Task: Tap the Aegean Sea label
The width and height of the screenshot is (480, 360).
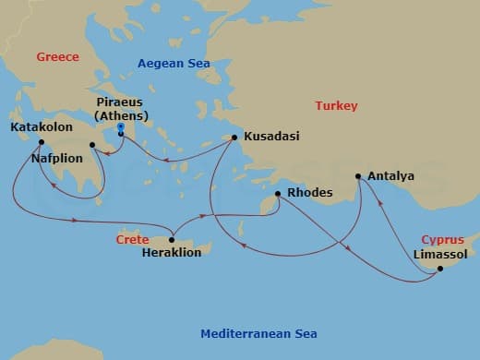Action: pos(174,63)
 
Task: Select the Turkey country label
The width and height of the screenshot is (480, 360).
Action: pos(336,105)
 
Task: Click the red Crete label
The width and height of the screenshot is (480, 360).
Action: pos(132,239)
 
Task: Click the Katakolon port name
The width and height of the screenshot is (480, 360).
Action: pos(42,126)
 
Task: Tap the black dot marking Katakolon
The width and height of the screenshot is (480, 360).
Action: pos(42,142)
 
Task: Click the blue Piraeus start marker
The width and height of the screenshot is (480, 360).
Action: pos(121,133)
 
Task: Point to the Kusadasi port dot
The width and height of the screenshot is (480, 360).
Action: pos(234,138)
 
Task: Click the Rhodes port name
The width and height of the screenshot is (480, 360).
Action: pos(309,194)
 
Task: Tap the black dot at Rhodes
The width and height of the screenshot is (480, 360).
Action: pos(278,195)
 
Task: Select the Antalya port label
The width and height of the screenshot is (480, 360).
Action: pos(390,175)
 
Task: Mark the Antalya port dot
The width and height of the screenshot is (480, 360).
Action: pos(358,175)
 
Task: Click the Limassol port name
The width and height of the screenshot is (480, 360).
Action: pos(440,253)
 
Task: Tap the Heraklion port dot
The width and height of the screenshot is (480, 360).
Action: pos(172,240)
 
